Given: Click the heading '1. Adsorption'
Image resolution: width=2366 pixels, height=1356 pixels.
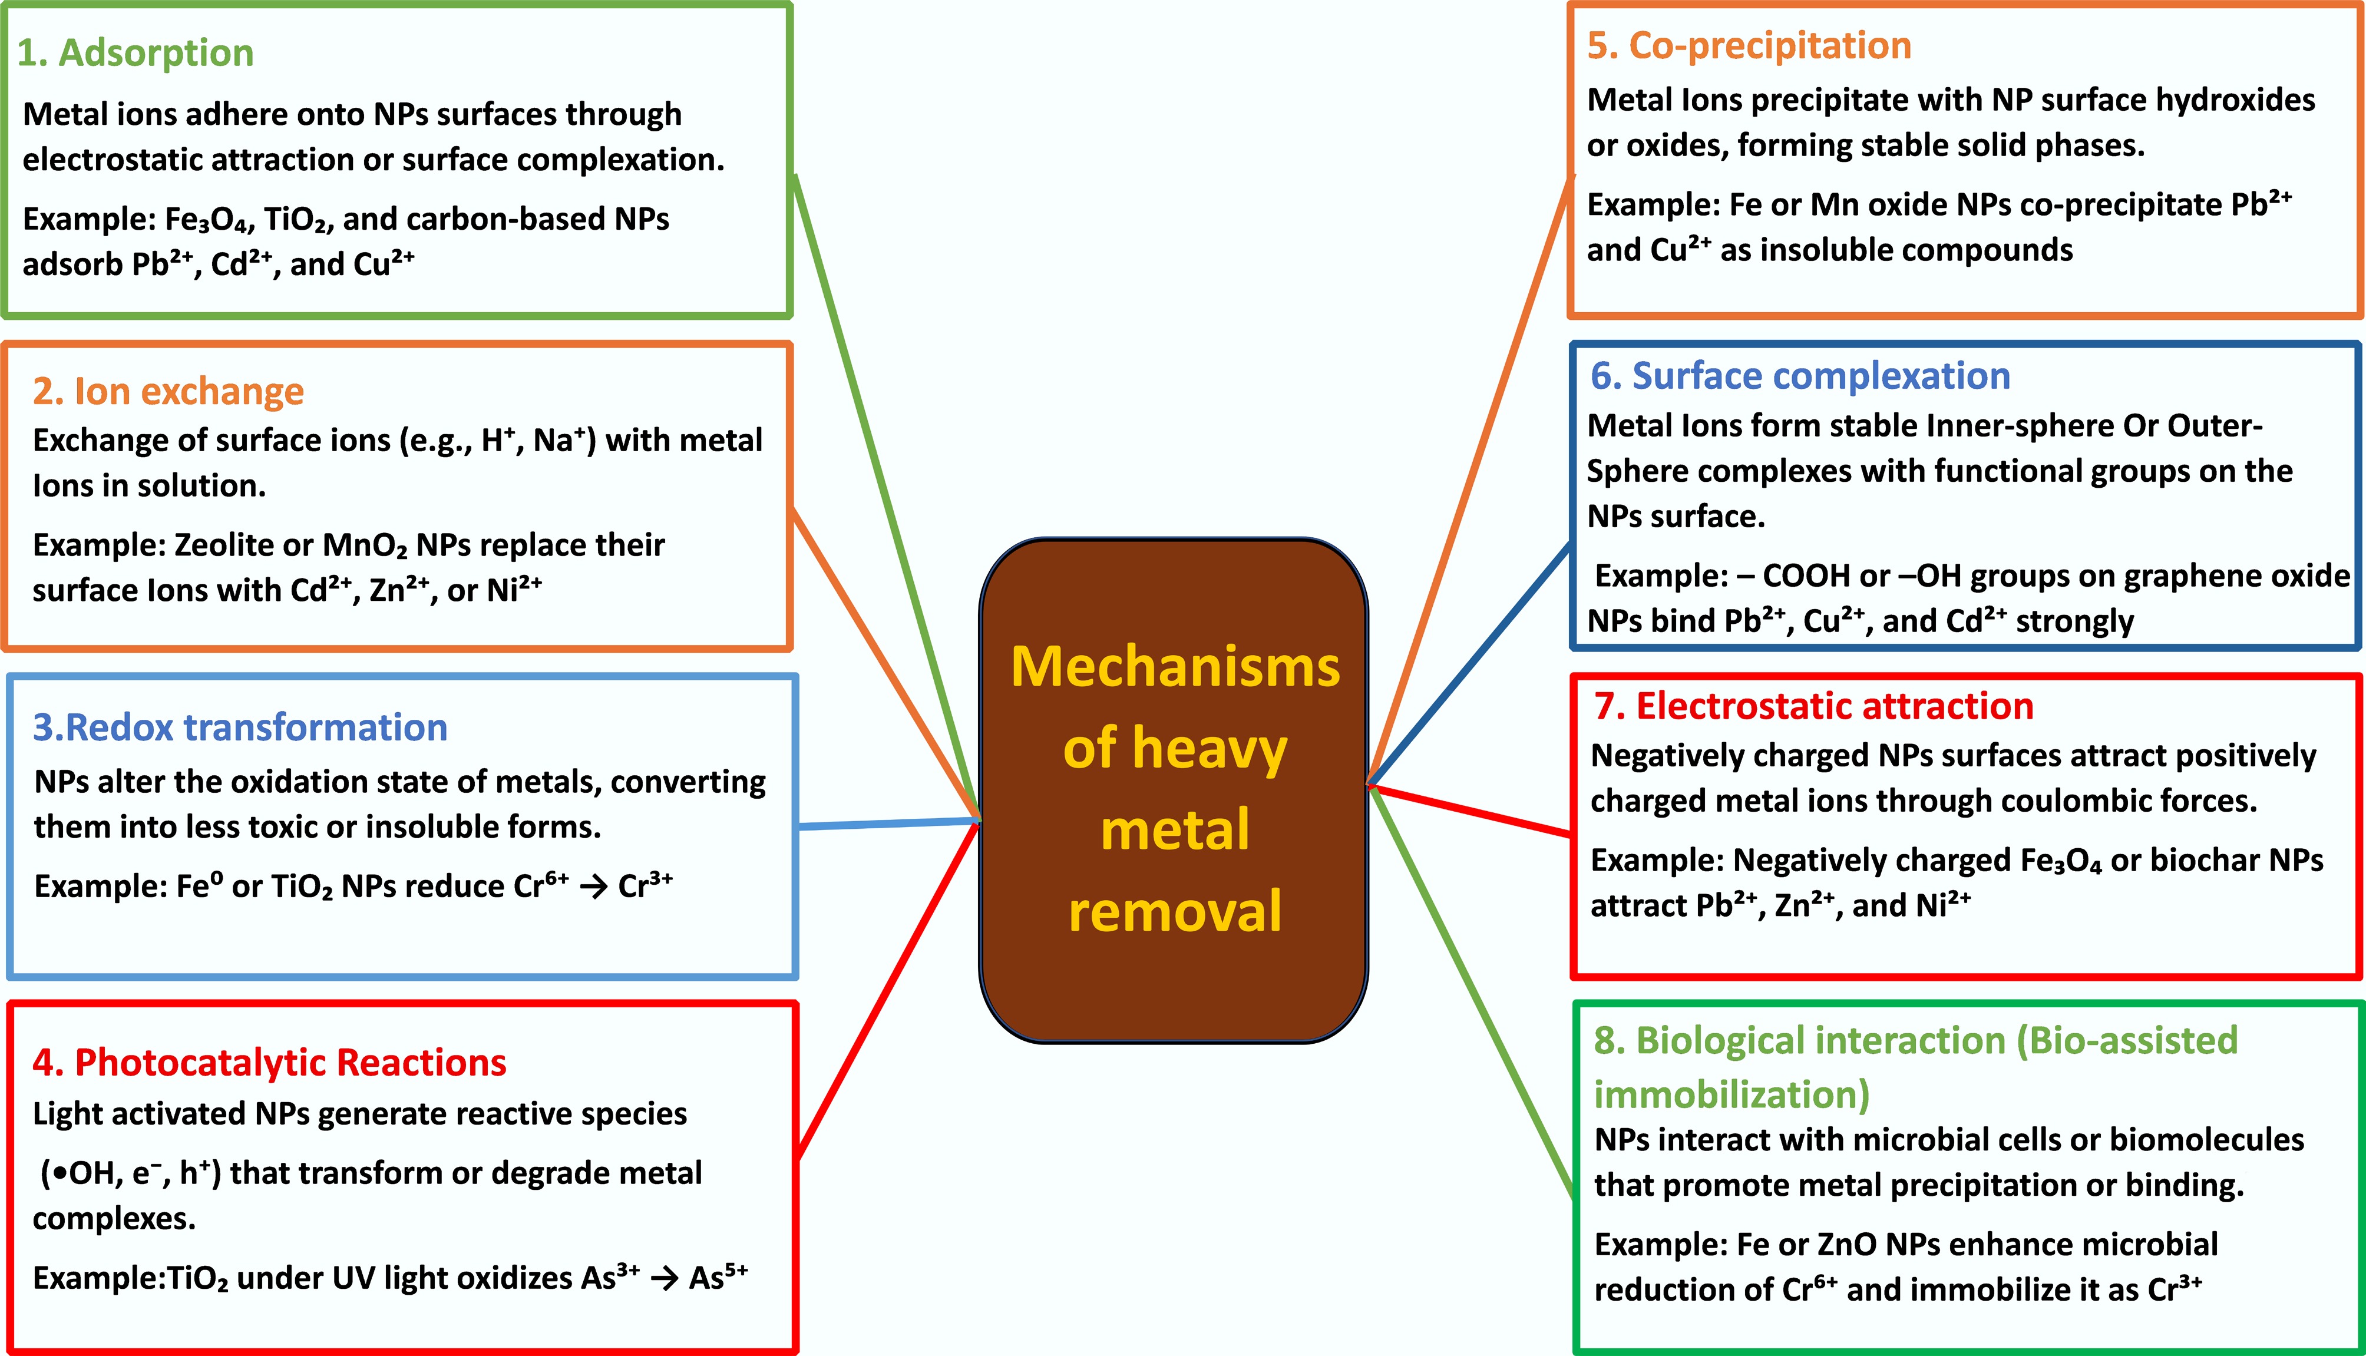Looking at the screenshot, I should (x=135, y=53).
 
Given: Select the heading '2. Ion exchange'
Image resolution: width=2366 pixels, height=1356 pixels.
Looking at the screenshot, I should (x=168, y=391).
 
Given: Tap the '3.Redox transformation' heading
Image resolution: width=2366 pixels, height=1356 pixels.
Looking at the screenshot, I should (x=240, y=727).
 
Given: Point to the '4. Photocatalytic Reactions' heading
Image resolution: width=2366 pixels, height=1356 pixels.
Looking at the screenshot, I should (x=269, y=1063).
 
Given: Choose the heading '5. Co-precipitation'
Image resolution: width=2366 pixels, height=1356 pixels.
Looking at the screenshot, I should (x=1749, y=45).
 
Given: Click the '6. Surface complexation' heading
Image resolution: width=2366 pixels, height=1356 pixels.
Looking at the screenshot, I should (x=1800, y=376).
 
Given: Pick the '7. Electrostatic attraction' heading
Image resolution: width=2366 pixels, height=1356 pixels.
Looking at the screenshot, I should (x=1813, y=707).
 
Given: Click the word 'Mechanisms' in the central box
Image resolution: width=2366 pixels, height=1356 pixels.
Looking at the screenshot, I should (x=1175, y=668).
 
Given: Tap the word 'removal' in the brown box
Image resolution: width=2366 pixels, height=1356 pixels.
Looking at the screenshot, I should (x=1175, y=912).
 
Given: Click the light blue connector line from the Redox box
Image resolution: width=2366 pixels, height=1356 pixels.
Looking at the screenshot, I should (x=890, y=823).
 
